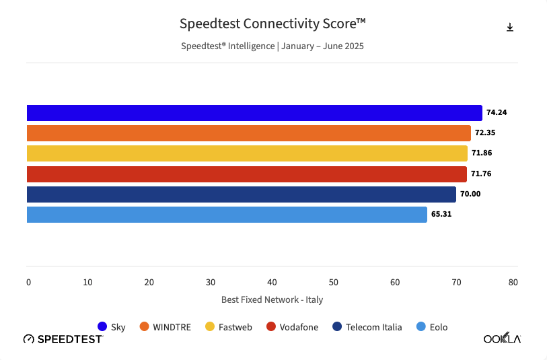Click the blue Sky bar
pos(254,113)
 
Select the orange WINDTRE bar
pos(248,133)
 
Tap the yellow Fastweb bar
pos(247,153)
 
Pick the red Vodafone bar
pos(246,174)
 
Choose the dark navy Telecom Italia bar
pos(241,194)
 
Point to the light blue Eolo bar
pos(227,215)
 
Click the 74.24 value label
pos(496,113)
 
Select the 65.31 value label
pos(441,215)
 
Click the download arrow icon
pos(510,27)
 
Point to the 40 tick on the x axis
pos(272,283)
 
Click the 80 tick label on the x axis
pos(513,283)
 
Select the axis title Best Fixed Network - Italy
pos(272,299)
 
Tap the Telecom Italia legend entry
pos(367,327)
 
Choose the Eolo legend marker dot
pos(421,327)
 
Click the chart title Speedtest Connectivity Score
pos(272,24)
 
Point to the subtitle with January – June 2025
pos(272,46)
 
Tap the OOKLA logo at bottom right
pos(502,338)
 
